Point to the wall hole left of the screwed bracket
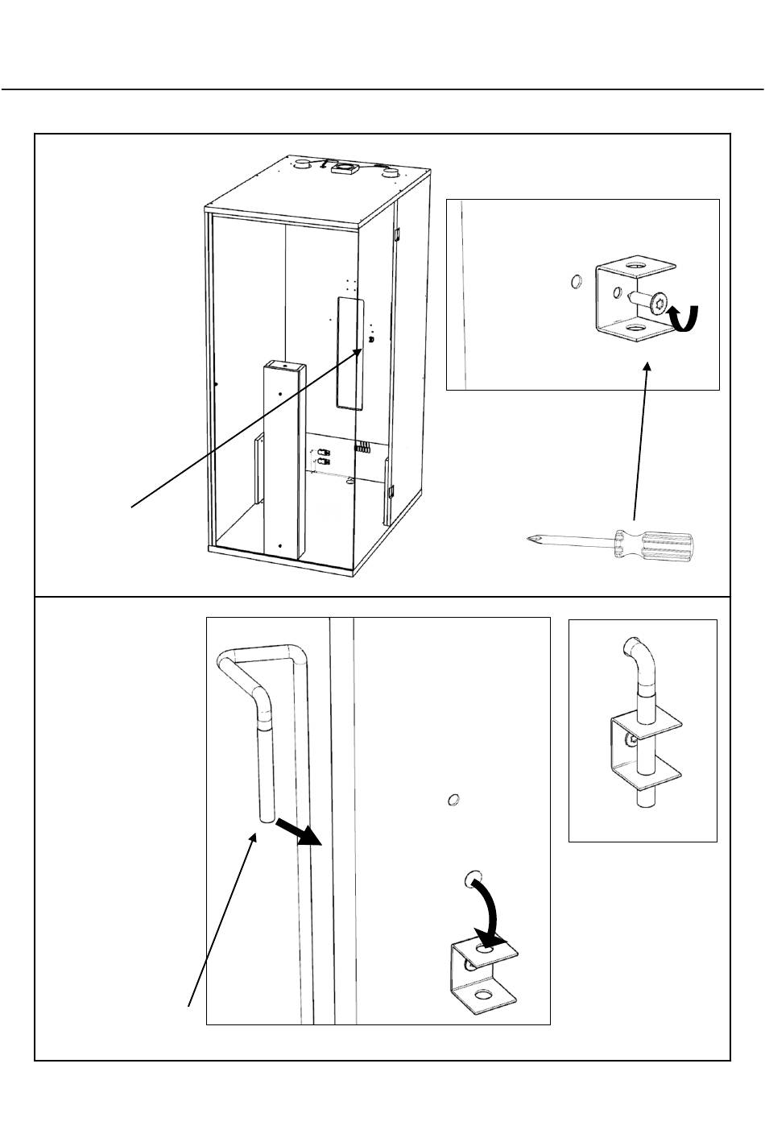tap(571, 282)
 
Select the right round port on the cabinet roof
tap(390, 172)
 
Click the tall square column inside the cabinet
tap(283, 459)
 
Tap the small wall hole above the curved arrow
tap(453, 800)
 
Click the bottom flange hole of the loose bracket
tap(483, 995)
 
